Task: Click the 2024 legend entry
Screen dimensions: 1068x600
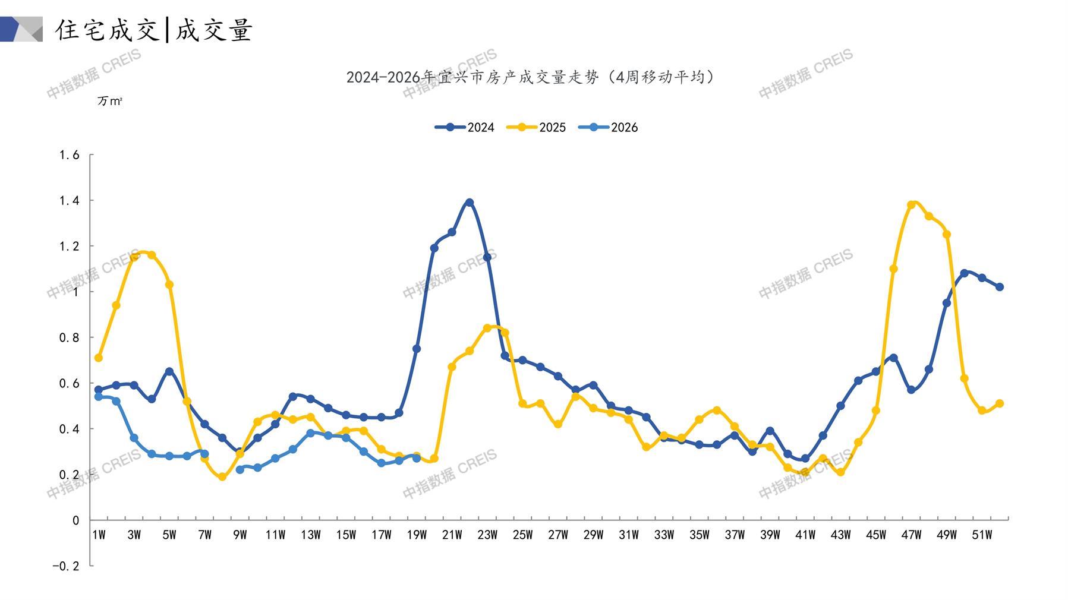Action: (465, 127)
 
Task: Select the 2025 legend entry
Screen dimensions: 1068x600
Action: (536, 127)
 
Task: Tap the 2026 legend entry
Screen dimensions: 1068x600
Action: (608, 127)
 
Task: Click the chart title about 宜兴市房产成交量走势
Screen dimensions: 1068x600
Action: (531, 77)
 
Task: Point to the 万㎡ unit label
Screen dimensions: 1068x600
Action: (110, 101)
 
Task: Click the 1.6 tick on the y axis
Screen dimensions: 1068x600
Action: (69, 155)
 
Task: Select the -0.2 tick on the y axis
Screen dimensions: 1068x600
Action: (65, 566)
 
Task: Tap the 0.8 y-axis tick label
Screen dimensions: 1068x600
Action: (69, 337)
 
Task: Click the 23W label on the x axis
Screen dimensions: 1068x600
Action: (487, 535)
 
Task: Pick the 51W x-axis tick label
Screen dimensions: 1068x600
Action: (982, 535)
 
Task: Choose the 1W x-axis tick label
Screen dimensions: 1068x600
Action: (99, 535)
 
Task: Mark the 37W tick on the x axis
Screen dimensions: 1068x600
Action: (735, 535)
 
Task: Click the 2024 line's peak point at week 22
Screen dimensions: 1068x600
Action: (470, 203)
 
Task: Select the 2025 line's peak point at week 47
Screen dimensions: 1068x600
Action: (911, 205)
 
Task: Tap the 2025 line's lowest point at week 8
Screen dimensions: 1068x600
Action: (222, 476)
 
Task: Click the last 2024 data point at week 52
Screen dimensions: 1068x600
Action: (1000, 287)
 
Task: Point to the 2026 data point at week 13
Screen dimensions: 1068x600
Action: (310, 433)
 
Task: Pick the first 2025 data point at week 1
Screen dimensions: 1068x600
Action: (99, 358)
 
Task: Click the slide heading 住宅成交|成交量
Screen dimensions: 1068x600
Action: (155, 30)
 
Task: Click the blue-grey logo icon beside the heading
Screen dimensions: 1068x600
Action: (21, 29)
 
